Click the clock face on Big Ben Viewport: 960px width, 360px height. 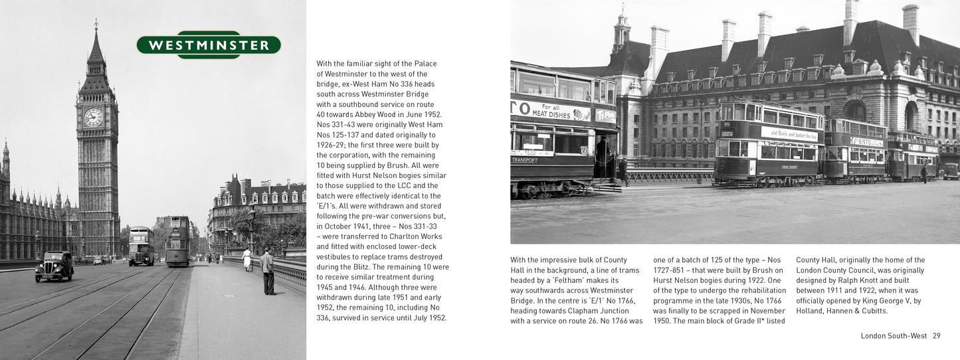93,117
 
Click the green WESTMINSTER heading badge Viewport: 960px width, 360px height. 209,45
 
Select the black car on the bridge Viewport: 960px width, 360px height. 54,266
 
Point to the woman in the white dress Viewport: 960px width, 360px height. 247,259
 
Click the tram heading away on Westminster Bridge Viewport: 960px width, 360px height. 177,241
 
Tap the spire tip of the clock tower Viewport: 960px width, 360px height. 96,23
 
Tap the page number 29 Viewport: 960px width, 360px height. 936,336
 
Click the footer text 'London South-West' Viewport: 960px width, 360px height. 894,336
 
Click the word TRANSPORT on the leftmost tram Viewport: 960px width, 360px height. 524,160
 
